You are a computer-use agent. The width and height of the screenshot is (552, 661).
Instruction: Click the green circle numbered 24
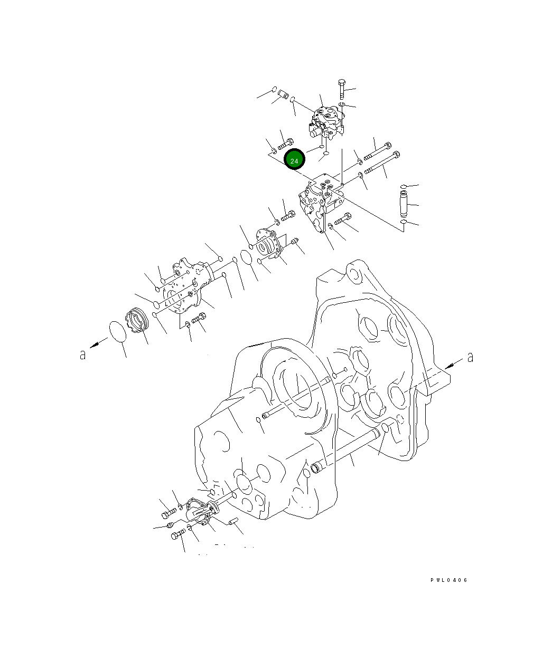pyautogui.click(x=295, y=160)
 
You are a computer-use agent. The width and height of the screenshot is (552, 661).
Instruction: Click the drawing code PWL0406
pyautogui.click(x=448, y=580)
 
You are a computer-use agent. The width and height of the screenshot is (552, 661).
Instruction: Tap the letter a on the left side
pyautogui.click(x=82, y=355)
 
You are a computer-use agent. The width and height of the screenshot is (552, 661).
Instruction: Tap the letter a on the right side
pyautogui.click(x=470, y=358)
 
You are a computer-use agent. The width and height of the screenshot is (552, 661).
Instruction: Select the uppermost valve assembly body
pyautogui.click(x=325, y=123)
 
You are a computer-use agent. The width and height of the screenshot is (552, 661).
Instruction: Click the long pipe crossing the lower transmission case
pyautogui.click(x=349, y=448)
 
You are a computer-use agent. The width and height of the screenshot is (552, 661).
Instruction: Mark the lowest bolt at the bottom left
pyautogui.click(x=177, y=537)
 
